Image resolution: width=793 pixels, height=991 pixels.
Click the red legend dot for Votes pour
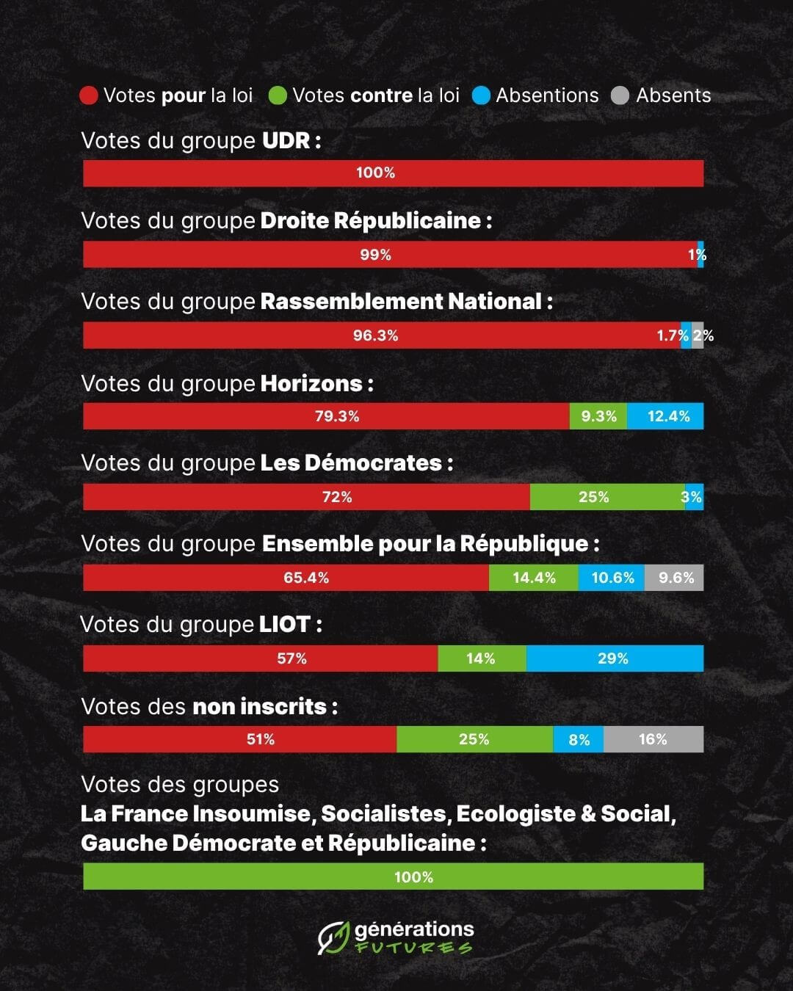pyautogui.click(x=89, y=96)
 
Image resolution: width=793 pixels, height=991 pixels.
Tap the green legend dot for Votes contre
pyautogui.click(x=278, y=96)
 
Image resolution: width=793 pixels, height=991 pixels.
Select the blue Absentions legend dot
pyautogui.click(x=481, y=96)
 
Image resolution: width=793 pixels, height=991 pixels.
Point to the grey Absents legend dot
pyautogui.click(x=620, y=96)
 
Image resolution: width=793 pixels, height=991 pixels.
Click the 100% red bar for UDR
pyautogui.click(x=393, y=173)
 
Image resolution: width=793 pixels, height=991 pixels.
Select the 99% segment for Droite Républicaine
pyautogui.click(x=389, y=255)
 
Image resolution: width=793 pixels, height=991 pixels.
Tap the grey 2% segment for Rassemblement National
pyautogui.click(x=698, y=335)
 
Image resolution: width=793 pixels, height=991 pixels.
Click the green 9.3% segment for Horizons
pyautogui.click(x=598, y=416)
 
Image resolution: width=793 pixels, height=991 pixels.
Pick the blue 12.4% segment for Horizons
pyautogui.click(x=665, y=416)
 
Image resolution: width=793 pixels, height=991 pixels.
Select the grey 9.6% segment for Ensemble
pyautogui.click(x=674, y=578)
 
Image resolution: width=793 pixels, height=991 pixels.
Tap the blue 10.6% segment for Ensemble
pyautogui.click(x=612, y=578)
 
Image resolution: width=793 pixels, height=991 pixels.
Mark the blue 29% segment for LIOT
pyautogui.click(x=615, y=658)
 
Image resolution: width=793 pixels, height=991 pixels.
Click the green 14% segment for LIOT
pyautogui.click(x=482, y=658)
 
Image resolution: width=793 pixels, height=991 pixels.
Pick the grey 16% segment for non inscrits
pyautogui.click(x=653, y=739)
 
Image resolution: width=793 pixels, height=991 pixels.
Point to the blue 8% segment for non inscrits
pyautogui.click(x=579, y=739)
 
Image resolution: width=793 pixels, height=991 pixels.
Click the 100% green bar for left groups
pyautogui.click(x=393, y=876)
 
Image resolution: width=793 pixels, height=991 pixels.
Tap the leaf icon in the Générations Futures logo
pyautogui.click(x=333, y=937)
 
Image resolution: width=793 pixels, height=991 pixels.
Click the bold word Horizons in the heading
pyautogui.click(x=311, y=383)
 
